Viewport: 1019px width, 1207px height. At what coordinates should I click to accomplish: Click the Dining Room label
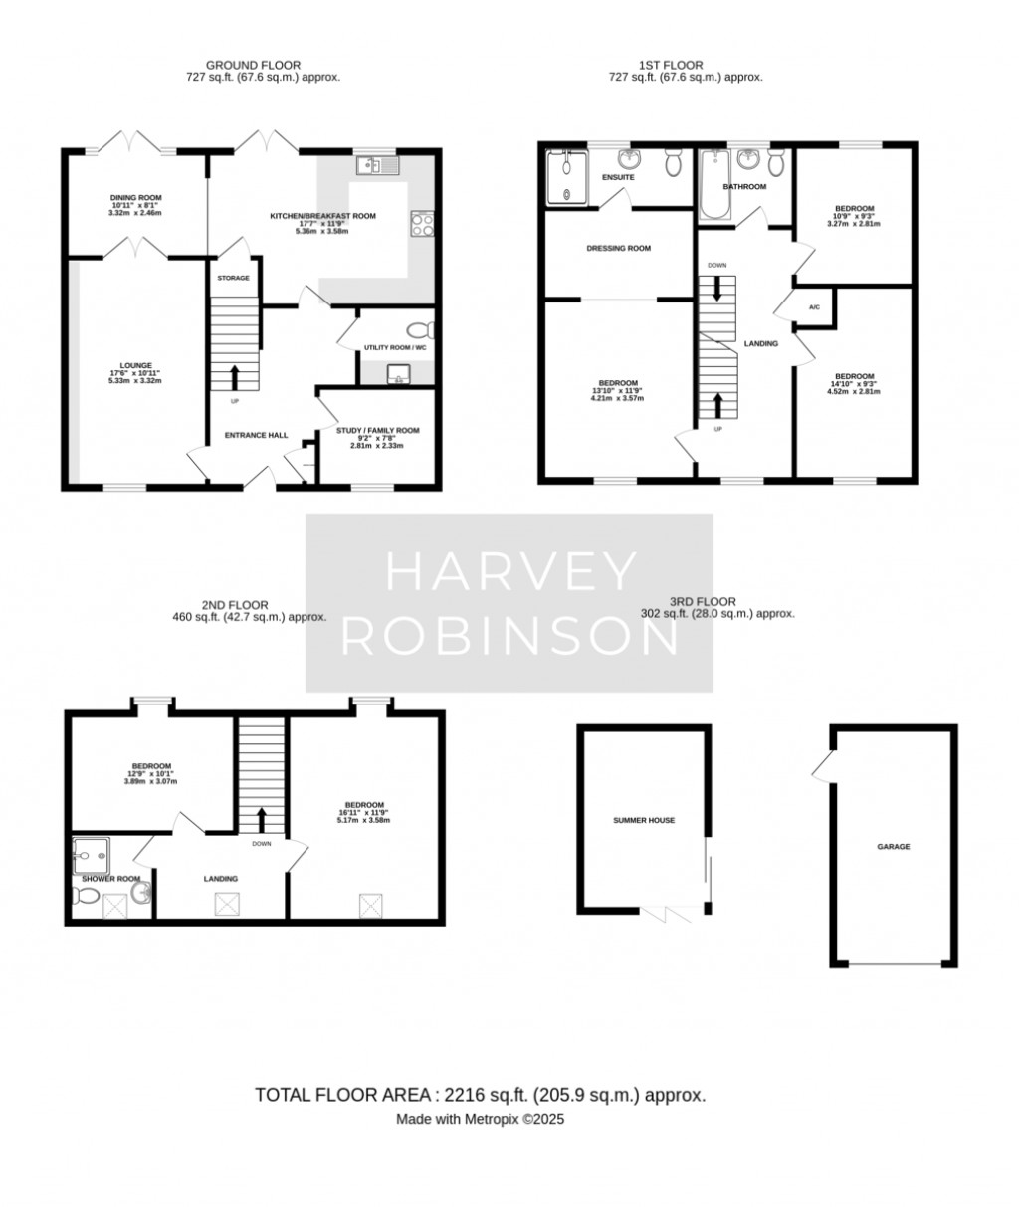[x=135, y=198]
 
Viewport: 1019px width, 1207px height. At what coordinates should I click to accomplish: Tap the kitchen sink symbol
[x=378, y=165]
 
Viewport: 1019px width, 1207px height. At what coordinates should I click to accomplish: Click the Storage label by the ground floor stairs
[x=233, y=278]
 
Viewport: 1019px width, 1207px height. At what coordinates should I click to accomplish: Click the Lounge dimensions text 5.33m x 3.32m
[x=135, y=380]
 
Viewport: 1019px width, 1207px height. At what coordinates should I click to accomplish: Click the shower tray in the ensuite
[x=564, y=177]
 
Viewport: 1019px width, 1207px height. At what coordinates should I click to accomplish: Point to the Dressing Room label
[x=618, y=248]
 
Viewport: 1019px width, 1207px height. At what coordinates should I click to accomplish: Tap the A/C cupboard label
[x=813, y=307]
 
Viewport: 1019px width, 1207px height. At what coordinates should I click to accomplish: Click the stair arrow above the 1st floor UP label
[x=716, y=404]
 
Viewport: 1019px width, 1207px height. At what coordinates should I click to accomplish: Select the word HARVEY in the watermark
[x=509, y=572]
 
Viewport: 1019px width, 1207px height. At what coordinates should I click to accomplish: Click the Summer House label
[x=644, y=821]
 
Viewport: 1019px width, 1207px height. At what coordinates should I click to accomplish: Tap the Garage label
[x=893, y=847]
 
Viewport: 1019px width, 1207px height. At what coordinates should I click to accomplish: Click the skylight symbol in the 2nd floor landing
[x=225, y=904]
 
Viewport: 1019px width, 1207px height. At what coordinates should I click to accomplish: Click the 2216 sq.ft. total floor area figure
[x=479, y=1095]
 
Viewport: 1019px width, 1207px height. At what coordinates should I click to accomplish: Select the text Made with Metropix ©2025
[x=481, y=1119]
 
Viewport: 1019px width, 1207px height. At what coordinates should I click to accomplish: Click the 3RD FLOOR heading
[x=702, y=601]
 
